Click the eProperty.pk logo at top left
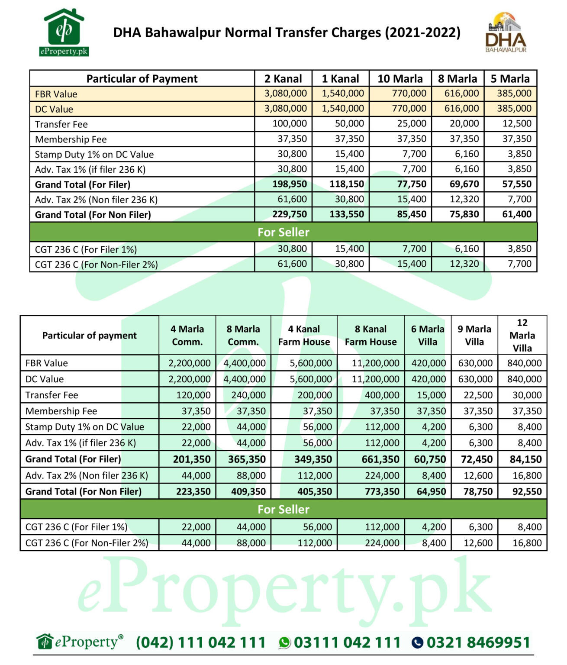(x=64, y=33)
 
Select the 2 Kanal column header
(x=283, y=79)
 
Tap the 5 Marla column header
(x=510, y=79)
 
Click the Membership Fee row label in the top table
(x=71, y=139)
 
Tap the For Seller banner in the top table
(x=283, y=232)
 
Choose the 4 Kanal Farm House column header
(x=304, y=336)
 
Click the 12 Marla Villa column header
(x=522, y=336)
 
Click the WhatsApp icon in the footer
(x=285, y=643)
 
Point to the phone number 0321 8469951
(x=478, y=643)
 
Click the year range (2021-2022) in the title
(x=422, y=33)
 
